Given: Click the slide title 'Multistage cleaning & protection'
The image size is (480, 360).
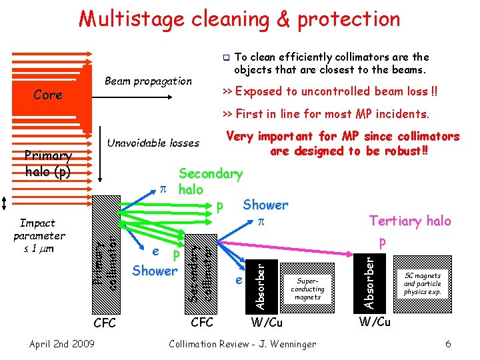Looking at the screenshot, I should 239,19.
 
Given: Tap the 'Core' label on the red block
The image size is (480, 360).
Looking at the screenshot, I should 48,95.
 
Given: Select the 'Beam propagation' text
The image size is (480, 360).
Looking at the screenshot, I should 148,81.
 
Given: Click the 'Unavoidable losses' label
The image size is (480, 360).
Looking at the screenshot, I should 153,143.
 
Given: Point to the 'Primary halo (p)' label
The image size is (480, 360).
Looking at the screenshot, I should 48,163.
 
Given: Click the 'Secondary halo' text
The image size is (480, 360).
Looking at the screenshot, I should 209,181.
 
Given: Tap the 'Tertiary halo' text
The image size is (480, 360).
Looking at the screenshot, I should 410,221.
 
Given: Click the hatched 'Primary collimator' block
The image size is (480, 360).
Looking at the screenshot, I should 106,253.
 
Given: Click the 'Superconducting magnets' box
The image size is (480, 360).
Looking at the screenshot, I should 307,289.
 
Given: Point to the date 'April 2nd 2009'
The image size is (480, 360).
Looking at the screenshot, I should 61,344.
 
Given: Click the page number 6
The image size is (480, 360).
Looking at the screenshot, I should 448,344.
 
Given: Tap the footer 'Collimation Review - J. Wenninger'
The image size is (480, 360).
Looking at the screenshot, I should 243,344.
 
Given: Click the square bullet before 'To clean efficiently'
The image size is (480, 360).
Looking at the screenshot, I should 226,57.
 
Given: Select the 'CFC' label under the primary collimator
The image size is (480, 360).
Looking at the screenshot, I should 105,323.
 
